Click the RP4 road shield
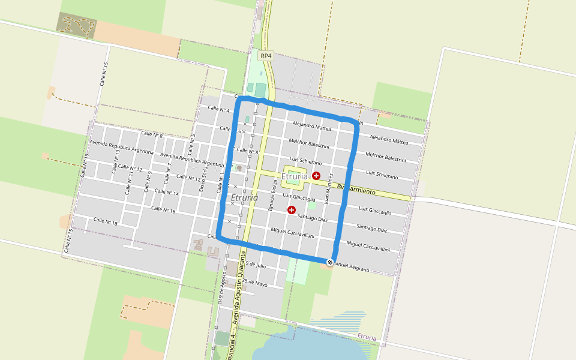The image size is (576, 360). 266,56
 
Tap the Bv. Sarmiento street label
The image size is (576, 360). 356,190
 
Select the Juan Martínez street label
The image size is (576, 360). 328,187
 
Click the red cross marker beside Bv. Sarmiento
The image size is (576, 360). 316,175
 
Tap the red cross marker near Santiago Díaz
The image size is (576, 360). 292,210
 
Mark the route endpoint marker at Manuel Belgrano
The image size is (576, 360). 330,262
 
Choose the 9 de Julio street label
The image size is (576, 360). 256,265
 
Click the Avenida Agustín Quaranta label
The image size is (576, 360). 239,288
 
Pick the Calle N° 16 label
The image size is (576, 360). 163,209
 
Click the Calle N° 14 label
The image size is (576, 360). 167,193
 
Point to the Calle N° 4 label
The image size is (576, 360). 218,109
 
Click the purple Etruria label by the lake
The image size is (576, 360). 366,337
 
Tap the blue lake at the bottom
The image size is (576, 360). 300,345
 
